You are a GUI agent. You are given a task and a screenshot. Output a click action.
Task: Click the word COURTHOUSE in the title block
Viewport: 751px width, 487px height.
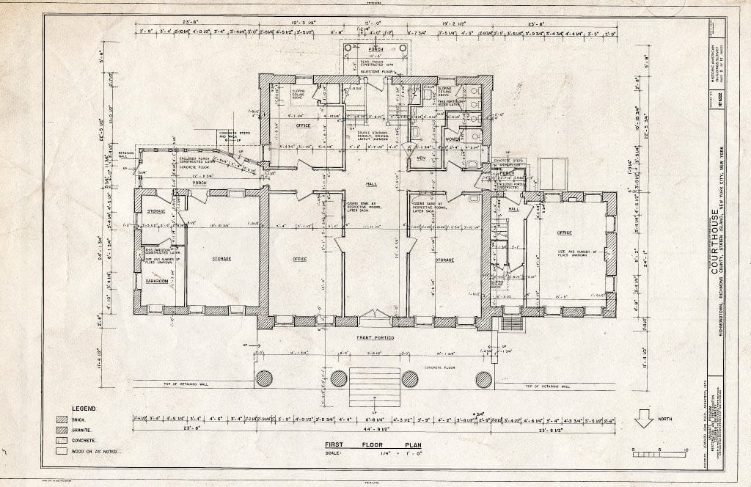(x=714, y=242)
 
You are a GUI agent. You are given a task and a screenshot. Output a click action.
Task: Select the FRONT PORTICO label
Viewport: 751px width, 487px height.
(x=375, y=337)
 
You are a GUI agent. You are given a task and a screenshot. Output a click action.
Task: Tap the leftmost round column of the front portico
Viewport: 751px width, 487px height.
(x=265, y=379)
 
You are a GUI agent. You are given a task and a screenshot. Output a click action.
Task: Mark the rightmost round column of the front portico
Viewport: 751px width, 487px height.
(x=483, y=379)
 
